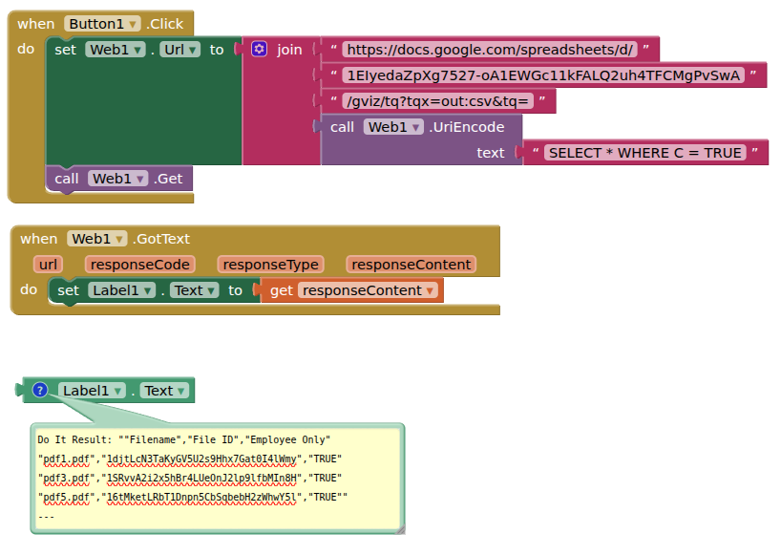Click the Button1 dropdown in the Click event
pyautogui.click(x=102, y=24)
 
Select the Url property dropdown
pyautogui.click(x=179, y=50)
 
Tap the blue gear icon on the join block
pyautogui.click(x=259, y=50)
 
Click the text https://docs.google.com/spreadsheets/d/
pyautogui.click(x=490, y=50)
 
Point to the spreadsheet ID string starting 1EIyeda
pyautogui.click(x=543, y=75)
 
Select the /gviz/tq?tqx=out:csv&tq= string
pyautogui.click(x=438, y=101)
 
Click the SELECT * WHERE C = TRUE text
pyautogui.click(x=645, y=153)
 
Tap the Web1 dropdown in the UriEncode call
pyautogui.click(x=393, y=127)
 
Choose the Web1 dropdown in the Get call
pyautogui.click(x=118, y=179)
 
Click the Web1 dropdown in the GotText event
pyautogui.click(x=97, y=239)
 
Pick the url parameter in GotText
pyautogui.click(x=49, y=265)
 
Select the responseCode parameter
pyautogui.click(x=140, y=265)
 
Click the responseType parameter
pyautogui.click(x=270, y=265)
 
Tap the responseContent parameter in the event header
pyautogui.click(x=411, y=265)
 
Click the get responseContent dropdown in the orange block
pyautogui.click(x=368, y=290)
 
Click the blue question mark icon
pyautogui.click(x=40, y=390)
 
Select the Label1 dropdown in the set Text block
pyautogui.click(x=121, y=290)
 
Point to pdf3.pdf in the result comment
pyautogui.click(x=66, y=479)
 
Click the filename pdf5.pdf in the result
pyautogui.click(x=66, y=498)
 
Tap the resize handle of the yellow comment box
pyautogui.click(x=400, y=530)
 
